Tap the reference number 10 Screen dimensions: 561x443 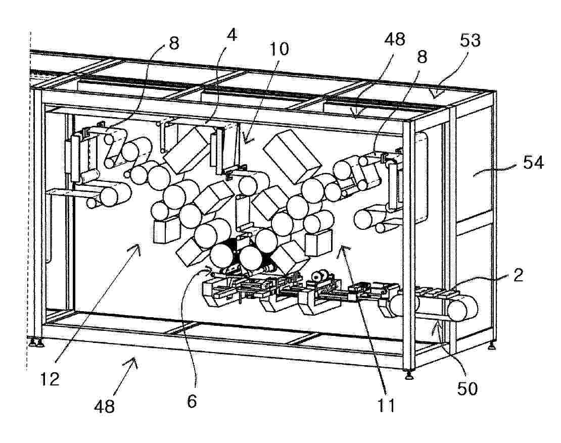click(x=278, y=49)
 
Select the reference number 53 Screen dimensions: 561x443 click(x=470, y=40)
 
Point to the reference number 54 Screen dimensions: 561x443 click(x=533, y=163)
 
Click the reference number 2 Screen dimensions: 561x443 click(x=519, y=275)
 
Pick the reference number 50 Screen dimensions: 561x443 click(x=467, y=388)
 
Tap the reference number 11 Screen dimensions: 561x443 click(x=387, y=406)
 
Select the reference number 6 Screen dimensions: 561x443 click(x=192, y=402)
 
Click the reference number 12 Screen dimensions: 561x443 click(x=50, y=379)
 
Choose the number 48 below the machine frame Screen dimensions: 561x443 click(x=105, y=406)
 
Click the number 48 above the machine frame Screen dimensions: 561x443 click(x=395, y=39)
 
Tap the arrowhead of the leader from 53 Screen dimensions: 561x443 click(x=436, y=93)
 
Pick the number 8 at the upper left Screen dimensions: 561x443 click(x=173, y=43)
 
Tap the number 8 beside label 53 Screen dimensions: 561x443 click(x=422, y=57)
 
